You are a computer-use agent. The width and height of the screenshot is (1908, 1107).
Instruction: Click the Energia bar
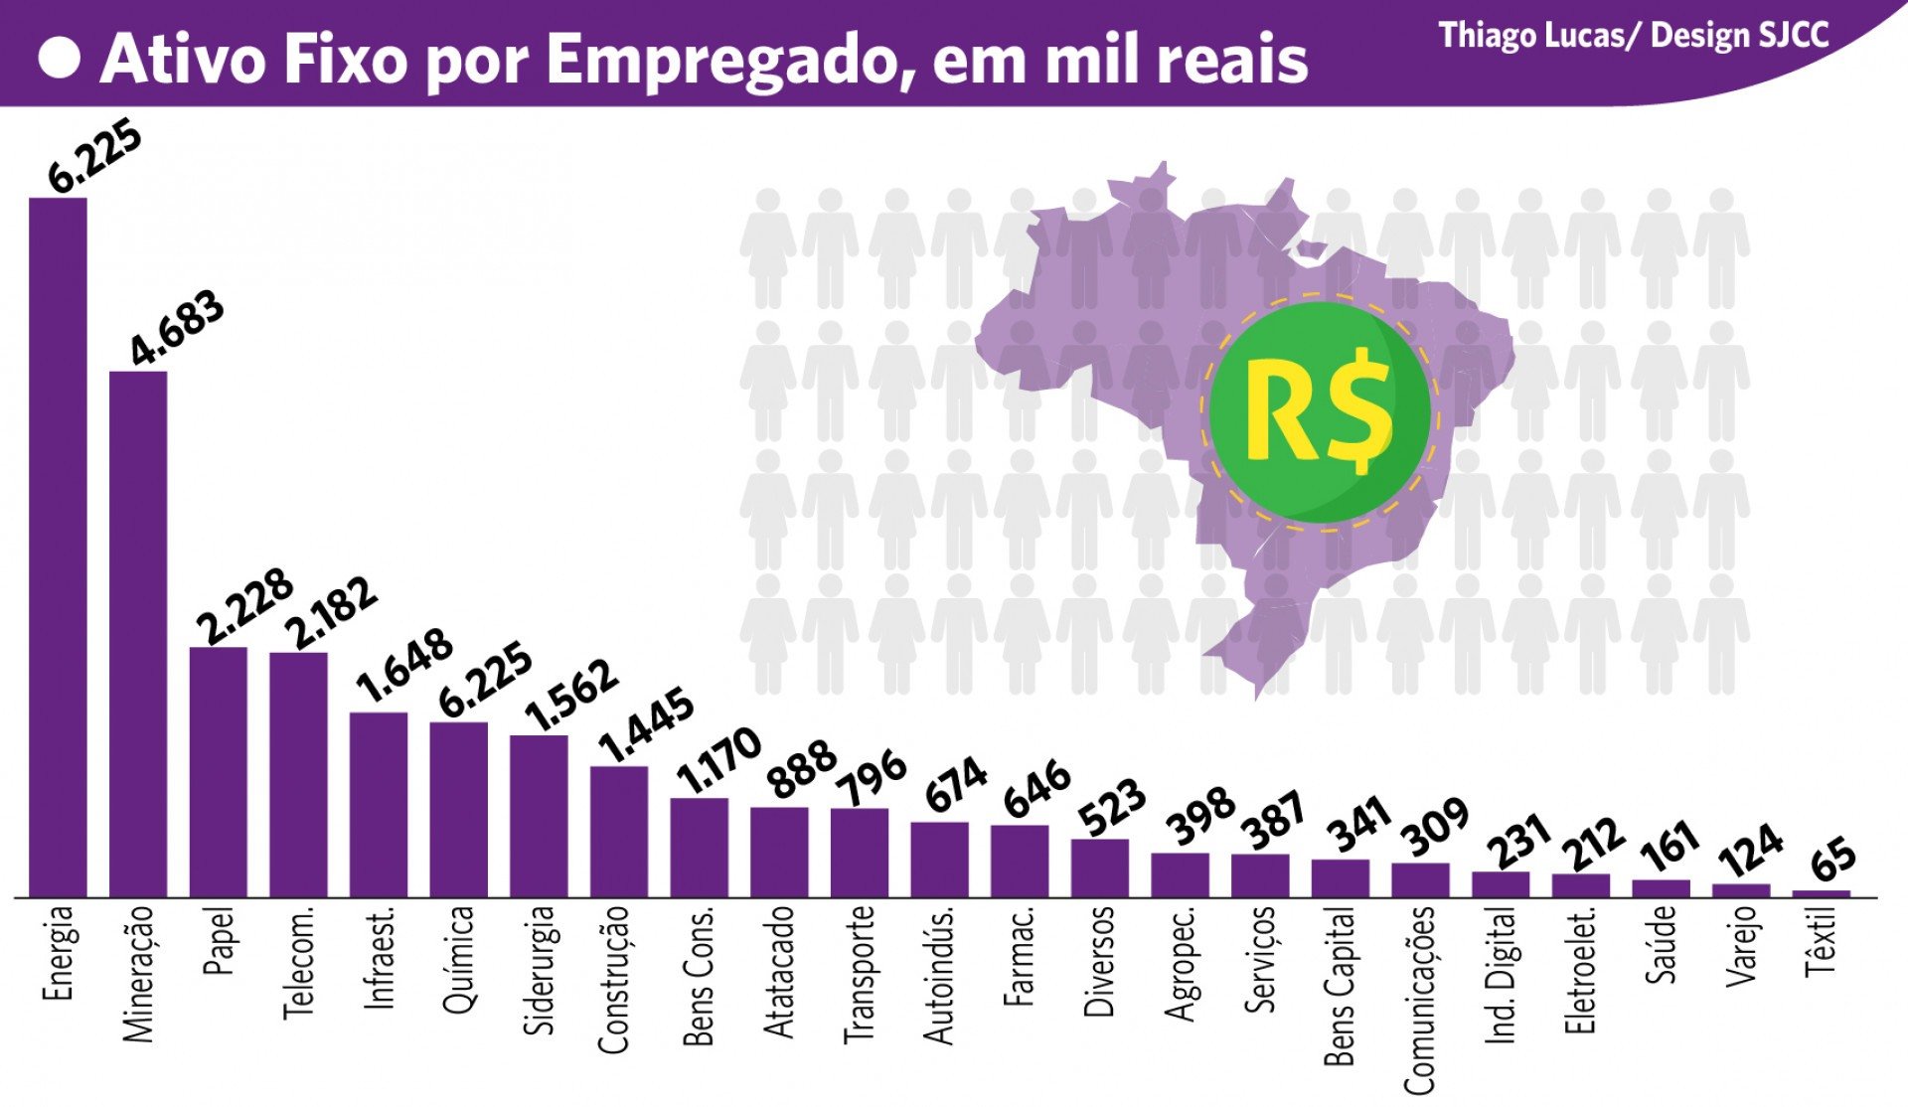coord(58,547)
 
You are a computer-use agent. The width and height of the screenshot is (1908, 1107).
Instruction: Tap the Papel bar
coord(219,772)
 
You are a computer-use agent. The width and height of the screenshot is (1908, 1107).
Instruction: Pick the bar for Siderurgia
coord(539,816)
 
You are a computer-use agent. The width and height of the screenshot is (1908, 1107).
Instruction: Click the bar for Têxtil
coord(1821,893)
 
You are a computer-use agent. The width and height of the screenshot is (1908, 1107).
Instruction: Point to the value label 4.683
coord(178,329)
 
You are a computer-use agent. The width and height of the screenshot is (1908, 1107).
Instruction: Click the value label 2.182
coord(332,612)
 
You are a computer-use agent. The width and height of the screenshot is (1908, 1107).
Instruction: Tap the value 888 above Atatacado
coord(803,769)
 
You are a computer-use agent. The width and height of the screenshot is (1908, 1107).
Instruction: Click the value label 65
coord(1832,860)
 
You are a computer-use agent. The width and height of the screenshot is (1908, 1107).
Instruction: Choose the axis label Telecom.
coord(298,961)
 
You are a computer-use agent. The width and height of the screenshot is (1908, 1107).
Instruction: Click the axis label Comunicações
coord(1419,1000)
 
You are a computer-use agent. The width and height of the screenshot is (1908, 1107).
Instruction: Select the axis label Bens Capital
coord(1340,986)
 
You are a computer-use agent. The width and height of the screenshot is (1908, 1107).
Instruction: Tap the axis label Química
coord(459,959)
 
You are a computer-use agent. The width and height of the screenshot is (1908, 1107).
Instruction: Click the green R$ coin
coord(1320,410)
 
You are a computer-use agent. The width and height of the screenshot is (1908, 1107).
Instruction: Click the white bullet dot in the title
coord(60,59)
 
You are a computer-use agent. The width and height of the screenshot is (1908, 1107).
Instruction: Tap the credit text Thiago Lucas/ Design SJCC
coord(1633,36)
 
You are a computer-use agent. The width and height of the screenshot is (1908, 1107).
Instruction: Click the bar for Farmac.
coord(1020,861)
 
